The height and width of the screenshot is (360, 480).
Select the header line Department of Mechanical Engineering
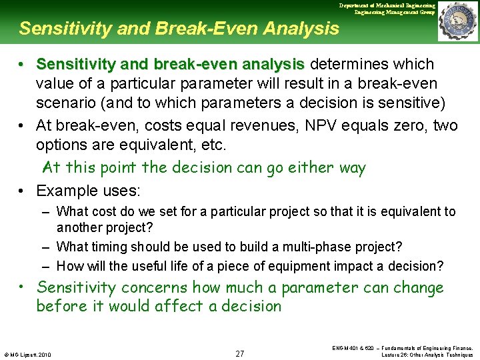point(387,5)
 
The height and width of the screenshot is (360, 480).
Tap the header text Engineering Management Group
point(395,12)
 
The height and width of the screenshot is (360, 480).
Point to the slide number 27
point(240,353)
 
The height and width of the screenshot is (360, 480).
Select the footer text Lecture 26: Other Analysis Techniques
point(427,355)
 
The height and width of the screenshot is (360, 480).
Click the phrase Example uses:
point(88,191)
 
